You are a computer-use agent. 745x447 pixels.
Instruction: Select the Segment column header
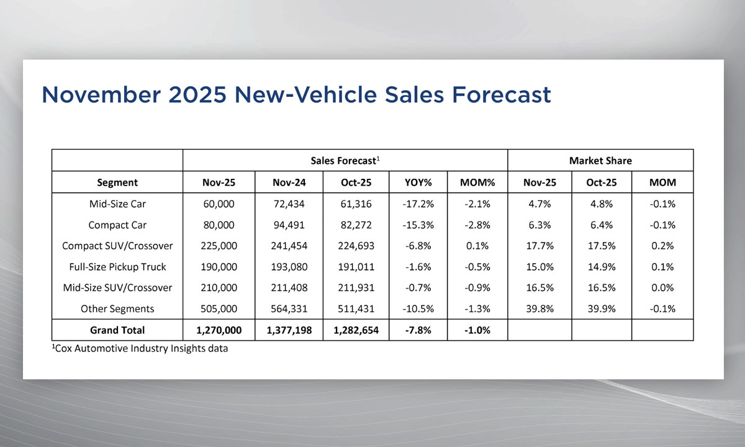point(117,183)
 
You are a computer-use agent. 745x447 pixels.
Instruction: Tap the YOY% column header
point(418,183)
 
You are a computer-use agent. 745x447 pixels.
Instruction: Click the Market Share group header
point(600,161)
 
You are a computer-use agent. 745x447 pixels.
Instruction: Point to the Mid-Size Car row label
point(117,204)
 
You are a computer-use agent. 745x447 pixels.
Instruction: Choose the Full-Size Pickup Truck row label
point(117,267)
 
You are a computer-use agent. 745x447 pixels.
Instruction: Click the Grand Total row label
point(117,330)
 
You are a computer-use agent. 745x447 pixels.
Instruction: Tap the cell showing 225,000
point(219,246)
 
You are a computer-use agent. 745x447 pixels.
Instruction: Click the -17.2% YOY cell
point(418,204)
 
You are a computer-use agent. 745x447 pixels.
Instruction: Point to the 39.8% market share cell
point(540,309)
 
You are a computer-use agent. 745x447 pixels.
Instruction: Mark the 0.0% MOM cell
point(662,288)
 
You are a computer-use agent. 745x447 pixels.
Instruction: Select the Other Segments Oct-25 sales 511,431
point(356,309)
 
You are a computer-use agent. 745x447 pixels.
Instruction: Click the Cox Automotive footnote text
point(140,349)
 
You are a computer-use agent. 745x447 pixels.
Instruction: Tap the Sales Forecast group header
point(345,161)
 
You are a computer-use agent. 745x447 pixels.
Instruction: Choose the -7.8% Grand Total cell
point(418,330)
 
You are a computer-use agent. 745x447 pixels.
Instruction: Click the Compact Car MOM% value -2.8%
point(477,225)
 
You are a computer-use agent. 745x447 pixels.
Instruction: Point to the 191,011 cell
point(356,267)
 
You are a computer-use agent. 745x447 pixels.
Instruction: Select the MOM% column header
point(477,183)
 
